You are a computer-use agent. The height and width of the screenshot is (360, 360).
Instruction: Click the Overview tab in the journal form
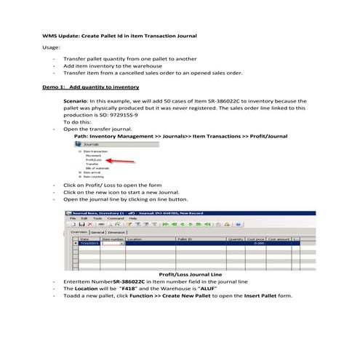[x=77, y=232]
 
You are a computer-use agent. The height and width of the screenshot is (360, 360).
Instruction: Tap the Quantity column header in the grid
[x=235, y=239]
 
